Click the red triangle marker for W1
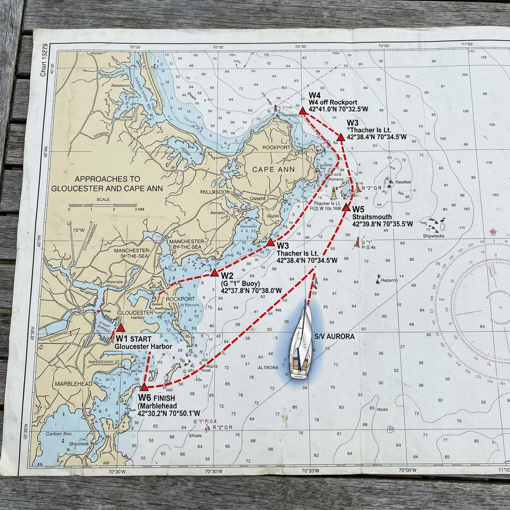[x=120, y=328]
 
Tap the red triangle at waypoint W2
[x=214, y=272]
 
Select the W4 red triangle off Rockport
[x=302, y=110]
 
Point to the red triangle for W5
[x=346, y=207]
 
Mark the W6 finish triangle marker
[x=143, y=386]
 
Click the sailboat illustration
[x=301, y=339]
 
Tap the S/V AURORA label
[x=334, y=337]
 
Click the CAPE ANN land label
[x=273, y=169]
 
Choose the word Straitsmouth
[x=372, y=217]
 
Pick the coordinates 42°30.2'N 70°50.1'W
[x=169, y=413]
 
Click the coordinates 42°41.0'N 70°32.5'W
[x=332, y=109]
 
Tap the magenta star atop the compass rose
[x=493, y=232]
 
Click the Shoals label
[x=195, y=435]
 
